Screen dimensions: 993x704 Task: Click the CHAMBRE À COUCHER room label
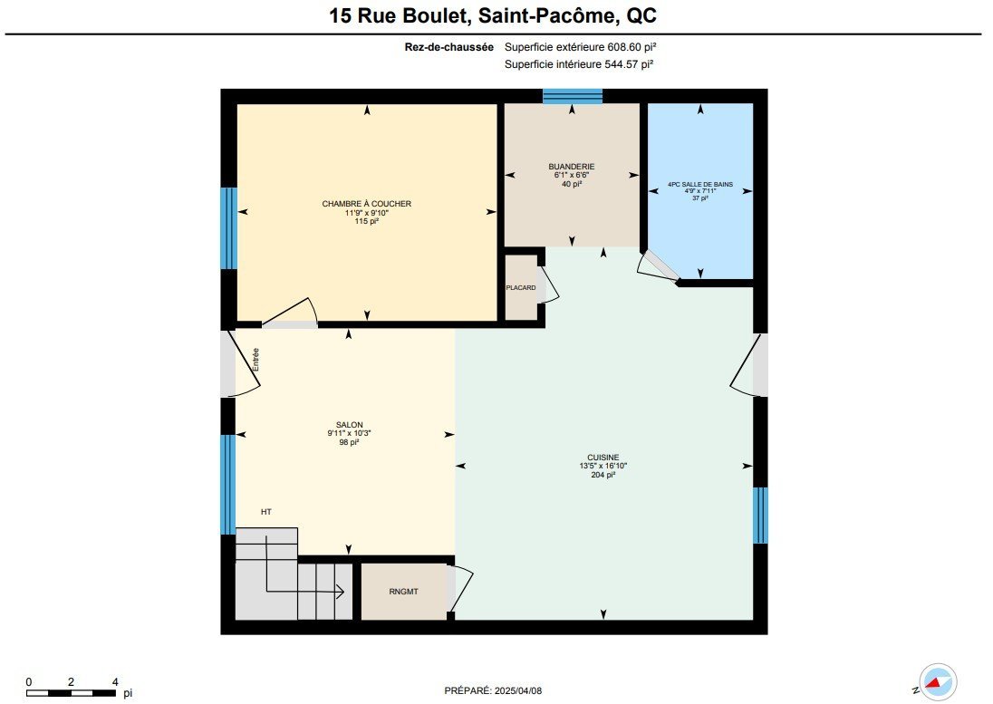(x=367, y=204)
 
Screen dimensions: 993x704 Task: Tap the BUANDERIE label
(x=571, y=167)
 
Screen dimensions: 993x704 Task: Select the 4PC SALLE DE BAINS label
(x=699, y=184)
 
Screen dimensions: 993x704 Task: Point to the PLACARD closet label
(x=521, y=288)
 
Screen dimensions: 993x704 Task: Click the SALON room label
(x=350, y=425)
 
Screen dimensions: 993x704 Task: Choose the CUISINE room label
(x=603, y=457)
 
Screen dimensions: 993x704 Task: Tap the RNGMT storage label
(x=403, y=592)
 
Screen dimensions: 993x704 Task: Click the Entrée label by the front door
(x=255, y=360)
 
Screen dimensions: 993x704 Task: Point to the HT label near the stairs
(x=266, y=512)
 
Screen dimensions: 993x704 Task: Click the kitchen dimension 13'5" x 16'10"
(x=603, y=466)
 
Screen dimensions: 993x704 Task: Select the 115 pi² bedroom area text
(x=367, y=222)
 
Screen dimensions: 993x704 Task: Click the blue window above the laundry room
(x=573, y=96)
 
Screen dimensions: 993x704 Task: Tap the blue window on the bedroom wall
(x=228, y=228)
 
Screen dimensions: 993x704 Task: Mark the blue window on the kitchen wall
(x=760, y=516)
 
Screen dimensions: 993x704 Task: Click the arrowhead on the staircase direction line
(x=340, y=592)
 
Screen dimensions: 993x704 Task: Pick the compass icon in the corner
(x=937, y=682)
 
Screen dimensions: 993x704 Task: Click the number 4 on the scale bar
(x=115, y=682)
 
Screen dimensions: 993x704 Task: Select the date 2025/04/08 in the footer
(x=518, y=690)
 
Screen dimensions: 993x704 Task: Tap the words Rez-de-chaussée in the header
(x=449, y=47)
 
